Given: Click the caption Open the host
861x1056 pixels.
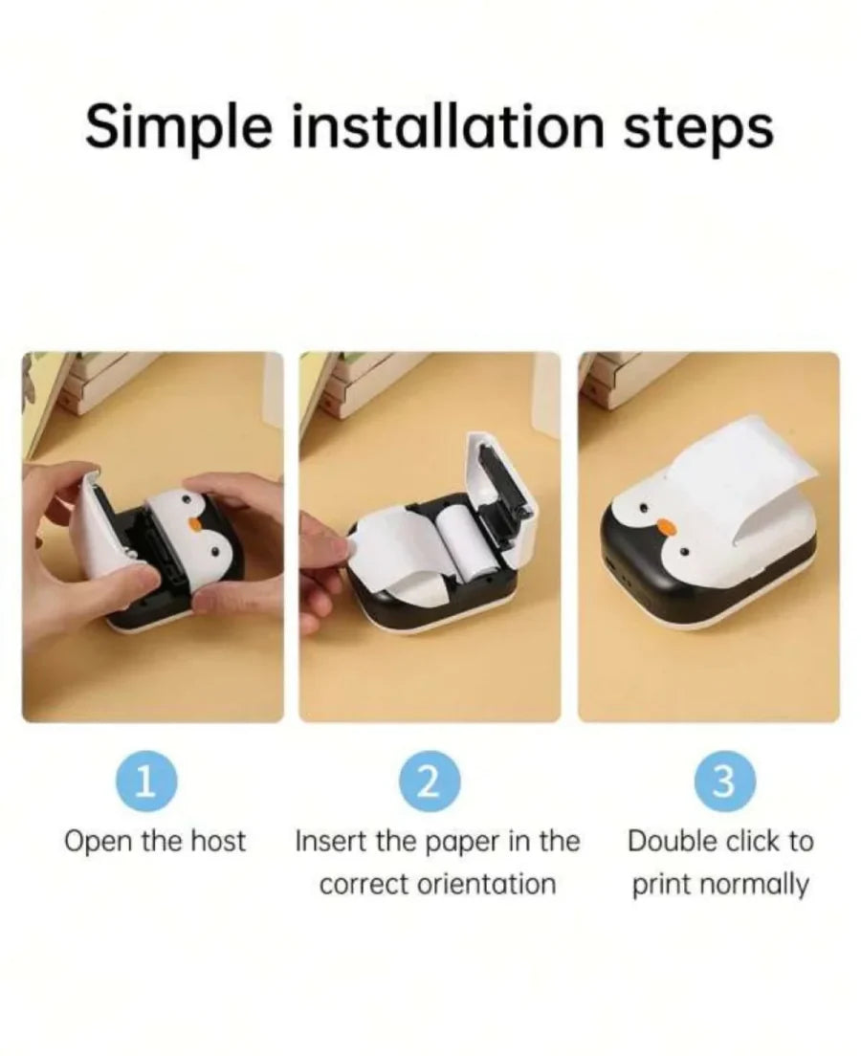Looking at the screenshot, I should click(x=154, y=842).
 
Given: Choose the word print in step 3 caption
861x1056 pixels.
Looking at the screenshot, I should click(x=659, y=885).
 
